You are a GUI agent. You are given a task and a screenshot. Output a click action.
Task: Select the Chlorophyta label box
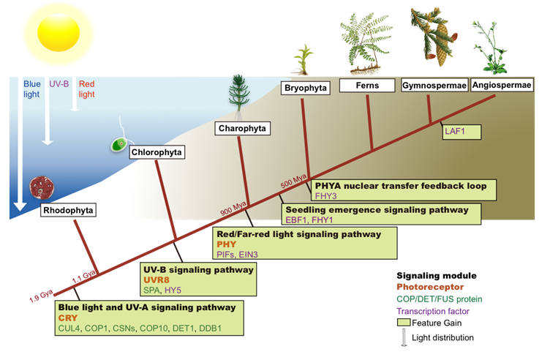tap(157, 152)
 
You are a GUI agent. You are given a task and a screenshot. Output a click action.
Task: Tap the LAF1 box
tap(453, 130)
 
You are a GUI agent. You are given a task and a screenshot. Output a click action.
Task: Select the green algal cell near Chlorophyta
tap(117, 145)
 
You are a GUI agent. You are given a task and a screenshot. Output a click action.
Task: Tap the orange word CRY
tap(69, 318)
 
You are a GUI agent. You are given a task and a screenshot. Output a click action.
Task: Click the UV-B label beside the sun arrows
tap(59, 83)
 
